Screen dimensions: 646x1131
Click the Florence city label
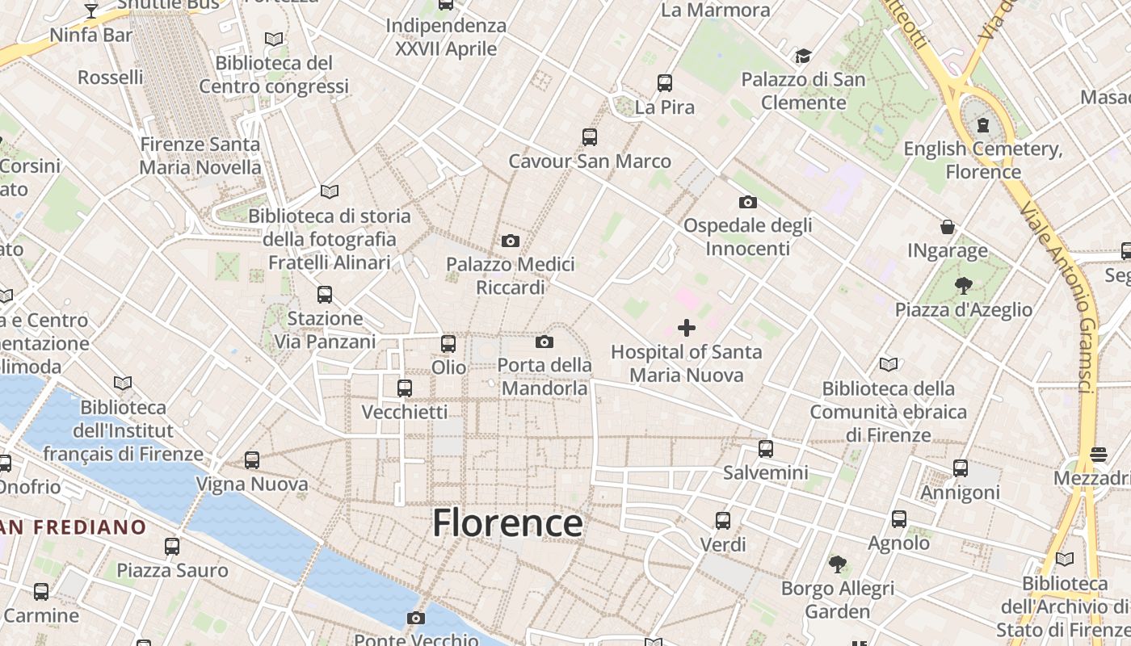[x=507, y=522]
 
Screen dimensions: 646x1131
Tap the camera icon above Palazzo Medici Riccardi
[x=511, y=241]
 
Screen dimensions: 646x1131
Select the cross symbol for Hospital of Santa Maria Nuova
[x=687, y=328]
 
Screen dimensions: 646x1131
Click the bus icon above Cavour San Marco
[x=590, y=137]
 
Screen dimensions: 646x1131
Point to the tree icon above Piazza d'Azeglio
[x=963, y=285]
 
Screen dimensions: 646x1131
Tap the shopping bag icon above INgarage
[x=947, y=227]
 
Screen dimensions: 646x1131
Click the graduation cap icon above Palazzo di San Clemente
[x=803, y=56]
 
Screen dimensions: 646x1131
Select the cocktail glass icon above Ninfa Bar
[x=91, y=11]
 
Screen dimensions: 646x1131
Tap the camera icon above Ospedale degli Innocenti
[x=748, y=202]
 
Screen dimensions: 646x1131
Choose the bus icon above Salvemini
[x=766, y=449]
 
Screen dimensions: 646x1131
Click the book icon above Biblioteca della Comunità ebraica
[x=889, y=364]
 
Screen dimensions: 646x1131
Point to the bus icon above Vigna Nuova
[x=252, y=460]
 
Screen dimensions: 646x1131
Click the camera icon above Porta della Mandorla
[x=544, y=342]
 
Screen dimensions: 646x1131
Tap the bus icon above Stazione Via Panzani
[x=325, y=295]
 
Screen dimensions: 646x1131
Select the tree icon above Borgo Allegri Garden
[x=838, y=564]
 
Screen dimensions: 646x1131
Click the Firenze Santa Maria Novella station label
[x=200, y=156]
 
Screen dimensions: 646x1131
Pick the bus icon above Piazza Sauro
[x=172, y=547]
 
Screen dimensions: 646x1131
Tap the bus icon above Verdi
[x=723, y=521]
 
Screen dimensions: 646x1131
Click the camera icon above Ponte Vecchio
[x=416, y=619]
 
